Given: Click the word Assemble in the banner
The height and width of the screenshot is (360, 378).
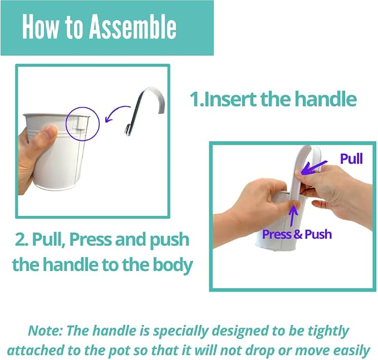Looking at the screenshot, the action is pyautogui.click(x=133, y=26).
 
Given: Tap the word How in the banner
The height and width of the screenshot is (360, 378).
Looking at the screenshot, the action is pyautogui.click(x=40, y=26).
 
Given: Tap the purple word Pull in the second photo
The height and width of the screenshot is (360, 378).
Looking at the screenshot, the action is pyautogui.click(x=351, y=159).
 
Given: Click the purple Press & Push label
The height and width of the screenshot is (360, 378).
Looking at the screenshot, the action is pyautogui.click(x=297, y=234).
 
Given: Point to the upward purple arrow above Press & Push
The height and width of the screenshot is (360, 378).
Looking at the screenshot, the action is pyautogui.click(x=293, y=216).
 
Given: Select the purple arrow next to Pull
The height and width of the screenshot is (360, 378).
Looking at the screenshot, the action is pyautogui.click(x=314, y=167).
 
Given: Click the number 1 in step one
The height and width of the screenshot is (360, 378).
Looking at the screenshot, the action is pyautogui.click(x=194, y=99).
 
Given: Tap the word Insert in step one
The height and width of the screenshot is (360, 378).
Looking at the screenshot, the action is pyautogui.click(x=229, y=99).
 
